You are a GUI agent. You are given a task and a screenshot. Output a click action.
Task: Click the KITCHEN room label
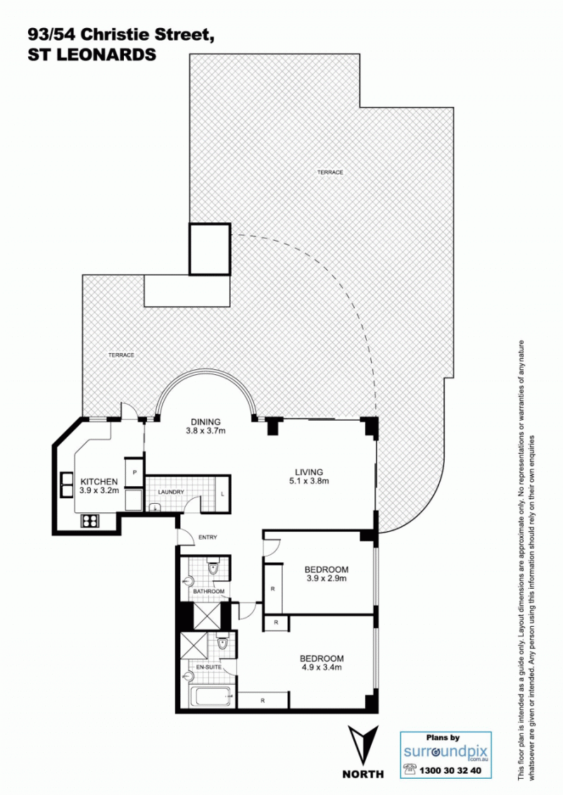click(99, 482)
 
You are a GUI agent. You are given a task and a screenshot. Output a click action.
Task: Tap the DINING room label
click(205, 422)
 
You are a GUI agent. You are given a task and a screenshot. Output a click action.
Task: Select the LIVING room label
click(309, 472)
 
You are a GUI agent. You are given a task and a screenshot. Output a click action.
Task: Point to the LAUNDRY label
click(171, 492)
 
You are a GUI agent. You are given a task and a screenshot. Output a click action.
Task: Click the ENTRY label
click(208, 538)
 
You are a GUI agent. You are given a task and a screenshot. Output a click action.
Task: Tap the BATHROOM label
click(208, 592)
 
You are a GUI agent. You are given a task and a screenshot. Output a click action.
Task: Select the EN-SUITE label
click(208, 667)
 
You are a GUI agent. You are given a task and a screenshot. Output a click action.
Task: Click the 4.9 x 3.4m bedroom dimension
click(320, 667)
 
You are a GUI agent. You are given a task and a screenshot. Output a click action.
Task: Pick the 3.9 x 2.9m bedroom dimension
click(326, 578)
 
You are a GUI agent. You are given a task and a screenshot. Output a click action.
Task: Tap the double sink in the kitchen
click(68, 485)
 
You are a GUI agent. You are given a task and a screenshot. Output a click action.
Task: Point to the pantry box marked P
click(134, 472)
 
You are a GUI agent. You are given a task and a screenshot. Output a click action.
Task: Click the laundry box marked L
click(222, 495)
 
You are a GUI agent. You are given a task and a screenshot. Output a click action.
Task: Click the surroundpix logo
click(446, 751)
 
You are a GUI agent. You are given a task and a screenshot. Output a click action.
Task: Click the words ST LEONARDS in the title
click(91, 54)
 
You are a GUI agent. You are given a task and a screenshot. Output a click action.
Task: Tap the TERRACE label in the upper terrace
click(330, 172)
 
